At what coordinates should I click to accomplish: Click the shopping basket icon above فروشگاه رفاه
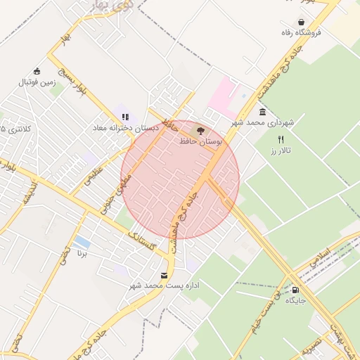[301, 22]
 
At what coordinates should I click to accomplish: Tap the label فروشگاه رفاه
[302, 33]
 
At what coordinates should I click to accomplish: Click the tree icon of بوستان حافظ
[200, 130]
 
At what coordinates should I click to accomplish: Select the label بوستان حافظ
[200, 141]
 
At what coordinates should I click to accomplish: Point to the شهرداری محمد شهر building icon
[262, 112]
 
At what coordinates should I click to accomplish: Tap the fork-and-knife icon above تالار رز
[281, 139]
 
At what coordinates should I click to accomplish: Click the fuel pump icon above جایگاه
[294, 289]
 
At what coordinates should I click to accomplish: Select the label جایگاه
[295, 300]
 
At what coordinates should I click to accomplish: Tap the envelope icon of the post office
[165, 275]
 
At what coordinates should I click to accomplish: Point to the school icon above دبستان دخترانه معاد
[125, 117]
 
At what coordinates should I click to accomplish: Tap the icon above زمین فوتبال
[37, 71]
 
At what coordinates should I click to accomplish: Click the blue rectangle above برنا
[82, 243]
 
